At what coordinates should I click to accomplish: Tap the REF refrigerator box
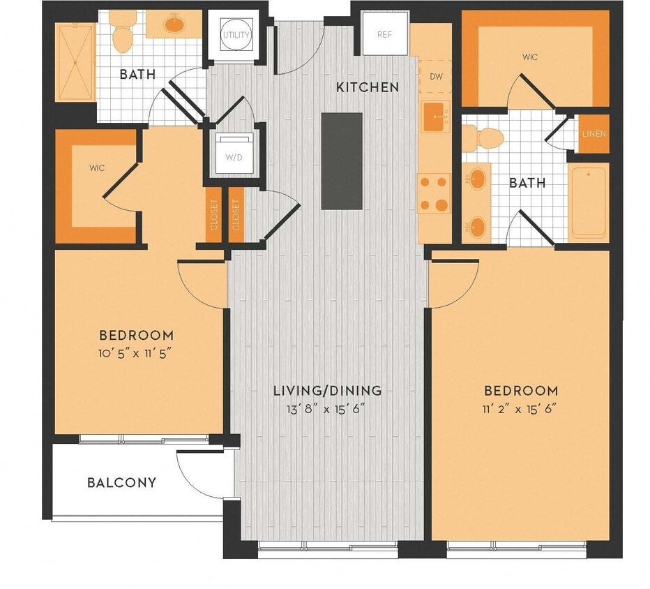coord(384,34)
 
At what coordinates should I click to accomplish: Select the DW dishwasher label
coord(436,76)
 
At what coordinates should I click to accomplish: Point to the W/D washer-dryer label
coord(232,156)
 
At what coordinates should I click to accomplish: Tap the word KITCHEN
coord(368,87)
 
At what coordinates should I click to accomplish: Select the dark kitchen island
coord(342,161)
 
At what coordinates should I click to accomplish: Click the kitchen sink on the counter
coord(435,115)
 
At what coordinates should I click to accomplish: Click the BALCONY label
coord(121,482)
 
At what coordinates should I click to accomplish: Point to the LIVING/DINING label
coord(327,390)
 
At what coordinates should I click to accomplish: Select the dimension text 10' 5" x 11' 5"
coord(135,352)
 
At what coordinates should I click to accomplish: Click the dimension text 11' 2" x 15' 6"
coord(521,408)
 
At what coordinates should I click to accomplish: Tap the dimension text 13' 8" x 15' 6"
coord(327,408)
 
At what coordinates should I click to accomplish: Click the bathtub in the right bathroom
coord(589,202)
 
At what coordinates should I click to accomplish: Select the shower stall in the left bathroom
coord(74,62)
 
